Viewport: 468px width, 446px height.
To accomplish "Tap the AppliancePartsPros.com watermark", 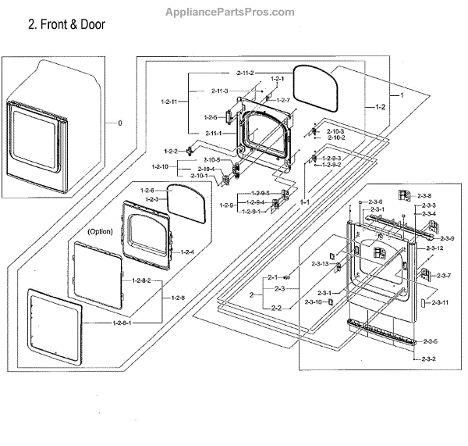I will (231, 12).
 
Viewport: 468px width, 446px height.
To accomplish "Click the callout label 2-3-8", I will (425, 195).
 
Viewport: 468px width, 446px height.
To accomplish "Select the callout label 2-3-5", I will (430, 341).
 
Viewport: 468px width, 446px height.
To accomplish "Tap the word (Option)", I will (101, 232).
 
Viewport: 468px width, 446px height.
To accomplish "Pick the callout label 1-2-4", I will (187, 252).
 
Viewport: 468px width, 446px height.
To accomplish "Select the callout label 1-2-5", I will (210, 117).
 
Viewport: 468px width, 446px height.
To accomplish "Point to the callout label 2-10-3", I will (335, 131).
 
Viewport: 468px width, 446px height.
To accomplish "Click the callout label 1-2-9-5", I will (259, 193).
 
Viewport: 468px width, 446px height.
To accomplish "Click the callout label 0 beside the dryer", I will (119, 123).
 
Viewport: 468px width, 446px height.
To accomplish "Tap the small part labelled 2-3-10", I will (333, 301).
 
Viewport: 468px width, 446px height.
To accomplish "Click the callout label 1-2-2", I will (170, 151).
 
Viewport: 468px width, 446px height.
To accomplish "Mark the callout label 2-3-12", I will (435, 248).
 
